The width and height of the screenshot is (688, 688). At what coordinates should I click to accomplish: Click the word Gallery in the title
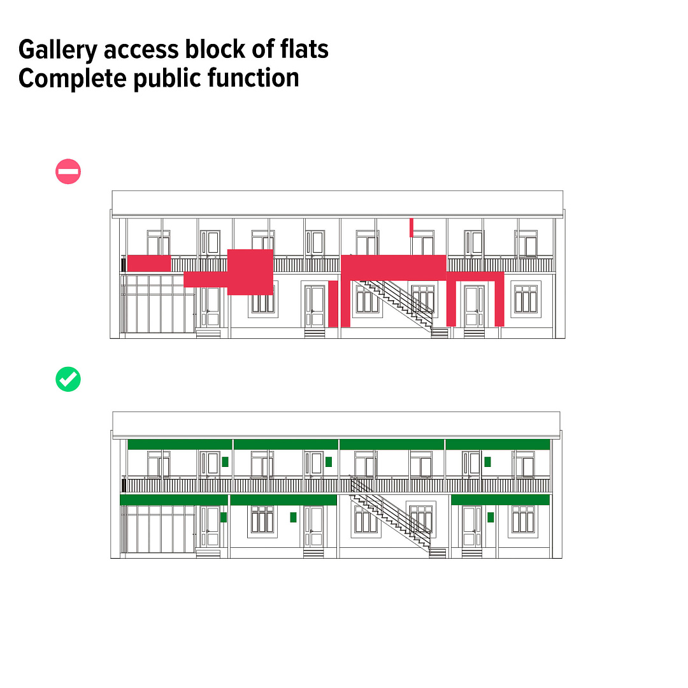click(57, 50)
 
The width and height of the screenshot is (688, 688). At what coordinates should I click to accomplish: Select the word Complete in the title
click(73, 79)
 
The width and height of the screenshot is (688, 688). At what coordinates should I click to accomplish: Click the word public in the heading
click(167, 79)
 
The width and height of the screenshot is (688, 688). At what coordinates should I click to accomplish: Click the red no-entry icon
click(68, 171)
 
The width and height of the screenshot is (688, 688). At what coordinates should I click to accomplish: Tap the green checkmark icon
click(68, 379)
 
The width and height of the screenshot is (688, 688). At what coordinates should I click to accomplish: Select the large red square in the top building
click(250, 272)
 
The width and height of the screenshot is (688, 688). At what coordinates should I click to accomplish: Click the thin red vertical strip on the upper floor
click(412, 227)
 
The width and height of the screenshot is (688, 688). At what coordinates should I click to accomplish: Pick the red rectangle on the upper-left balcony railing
click(149, 263)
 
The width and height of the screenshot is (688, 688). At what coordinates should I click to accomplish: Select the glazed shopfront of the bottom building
click(158, 528)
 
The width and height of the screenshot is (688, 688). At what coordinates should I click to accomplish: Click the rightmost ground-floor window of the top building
click(526, 299)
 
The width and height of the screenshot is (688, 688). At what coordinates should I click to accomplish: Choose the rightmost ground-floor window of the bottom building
click(523, 519)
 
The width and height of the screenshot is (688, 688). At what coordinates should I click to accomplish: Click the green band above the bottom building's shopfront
click(174, 500)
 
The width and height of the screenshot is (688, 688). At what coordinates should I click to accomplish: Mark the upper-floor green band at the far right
click(498, 444)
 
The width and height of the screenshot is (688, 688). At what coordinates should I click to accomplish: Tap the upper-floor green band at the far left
click(180, 444)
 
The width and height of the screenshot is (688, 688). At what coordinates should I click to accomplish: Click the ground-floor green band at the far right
click(500, 500)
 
